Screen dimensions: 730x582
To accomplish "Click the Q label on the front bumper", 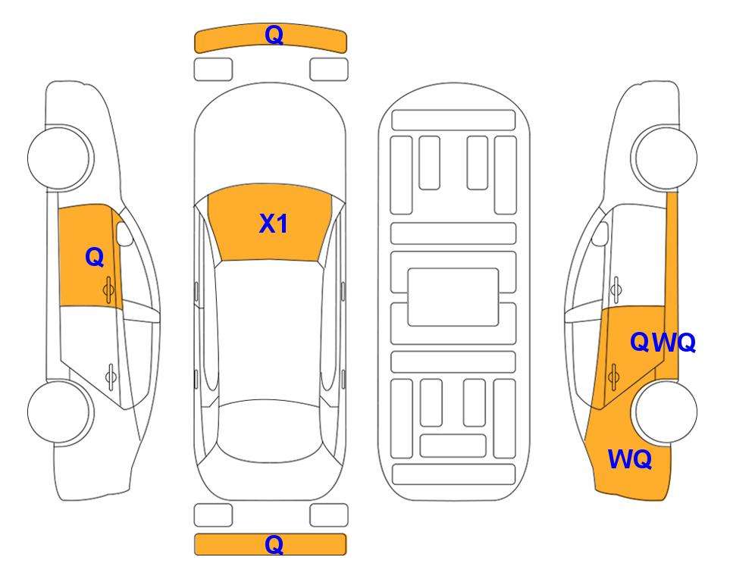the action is click(x=274, y=36).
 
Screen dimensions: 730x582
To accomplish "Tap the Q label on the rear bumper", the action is click(x=274, y=544).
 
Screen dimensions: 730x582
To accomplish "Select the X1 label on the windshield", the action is click(x=274, y=224).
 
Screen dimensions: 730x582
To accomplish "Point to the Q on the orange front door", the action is click(x=95, y=257).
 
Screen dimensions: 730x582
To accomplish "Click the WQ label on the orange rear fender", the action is click(x=630, y=459).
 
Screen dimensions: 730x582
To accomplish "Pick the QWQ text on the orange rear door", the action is click(x=663, y=343).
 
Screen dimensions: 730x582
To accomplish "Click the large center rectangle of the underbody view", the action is click(x=453, y=297).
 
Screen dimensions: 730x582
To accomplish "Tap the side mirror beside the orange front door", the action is click(x=124, y=234).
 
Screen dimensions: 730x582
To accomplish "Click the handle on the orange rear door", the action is click(x=613, y=377).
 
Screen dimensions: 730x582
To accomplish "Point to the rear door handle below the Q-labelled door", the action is click(x=111, y=376).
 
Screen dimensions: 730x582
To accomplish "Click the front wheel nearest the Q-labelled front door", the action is click(x=60, y=158).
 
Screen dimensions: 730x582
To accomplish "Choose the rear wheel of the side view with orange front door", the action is click(x=60, y=412).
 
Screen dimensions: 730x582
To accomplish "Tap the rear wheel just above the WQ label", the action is click(x=666, y=411).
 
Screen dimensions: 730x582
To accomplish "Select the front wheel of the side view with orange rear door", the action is click(x=664, y=158).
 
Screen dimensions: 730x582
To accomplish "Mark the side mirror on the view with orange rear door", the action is click(x=600, y=233).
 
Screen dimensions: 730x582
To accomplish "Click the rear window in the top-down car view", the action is click(x=270, y=431).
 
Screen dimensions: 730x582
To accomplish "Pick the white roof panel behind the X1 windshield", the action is click(x=270, y=331).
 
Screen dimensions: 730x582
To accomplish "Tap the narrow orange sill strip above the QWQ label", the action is click(x=672, y=284).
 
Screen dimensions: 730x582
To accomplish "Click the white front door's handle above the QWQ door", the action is click(x=616, y=289).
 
